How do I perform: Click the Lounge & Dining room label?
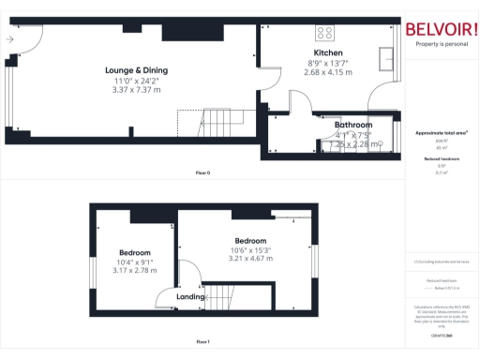[x=136, y=71]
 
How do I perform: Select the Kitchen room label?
[x=328, y=52]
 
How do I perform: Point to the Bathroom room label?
[x=353, y=125]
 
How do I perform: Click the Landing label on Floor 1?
[x=190, y=298]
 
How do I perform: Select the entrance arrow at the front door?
[x=9, y=39]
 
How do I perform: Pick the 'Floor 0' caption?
[x=202, y=173]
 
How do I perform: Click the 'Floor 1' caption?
[x=202, y=342]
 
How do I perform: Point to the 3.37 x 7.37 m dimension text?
[x=136, y=90]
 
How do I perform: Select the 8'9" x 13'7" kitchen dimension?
[x=328, y=63]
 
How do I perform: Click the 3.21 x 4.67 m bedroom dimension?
[x=251, y=259]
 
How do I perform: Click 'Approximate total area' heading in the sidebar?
[x=441, y=133]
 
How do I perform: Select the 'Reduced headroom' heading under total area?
[x=441, y=159]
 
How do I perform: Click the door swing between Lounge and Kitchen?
[x=267, y=82]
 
